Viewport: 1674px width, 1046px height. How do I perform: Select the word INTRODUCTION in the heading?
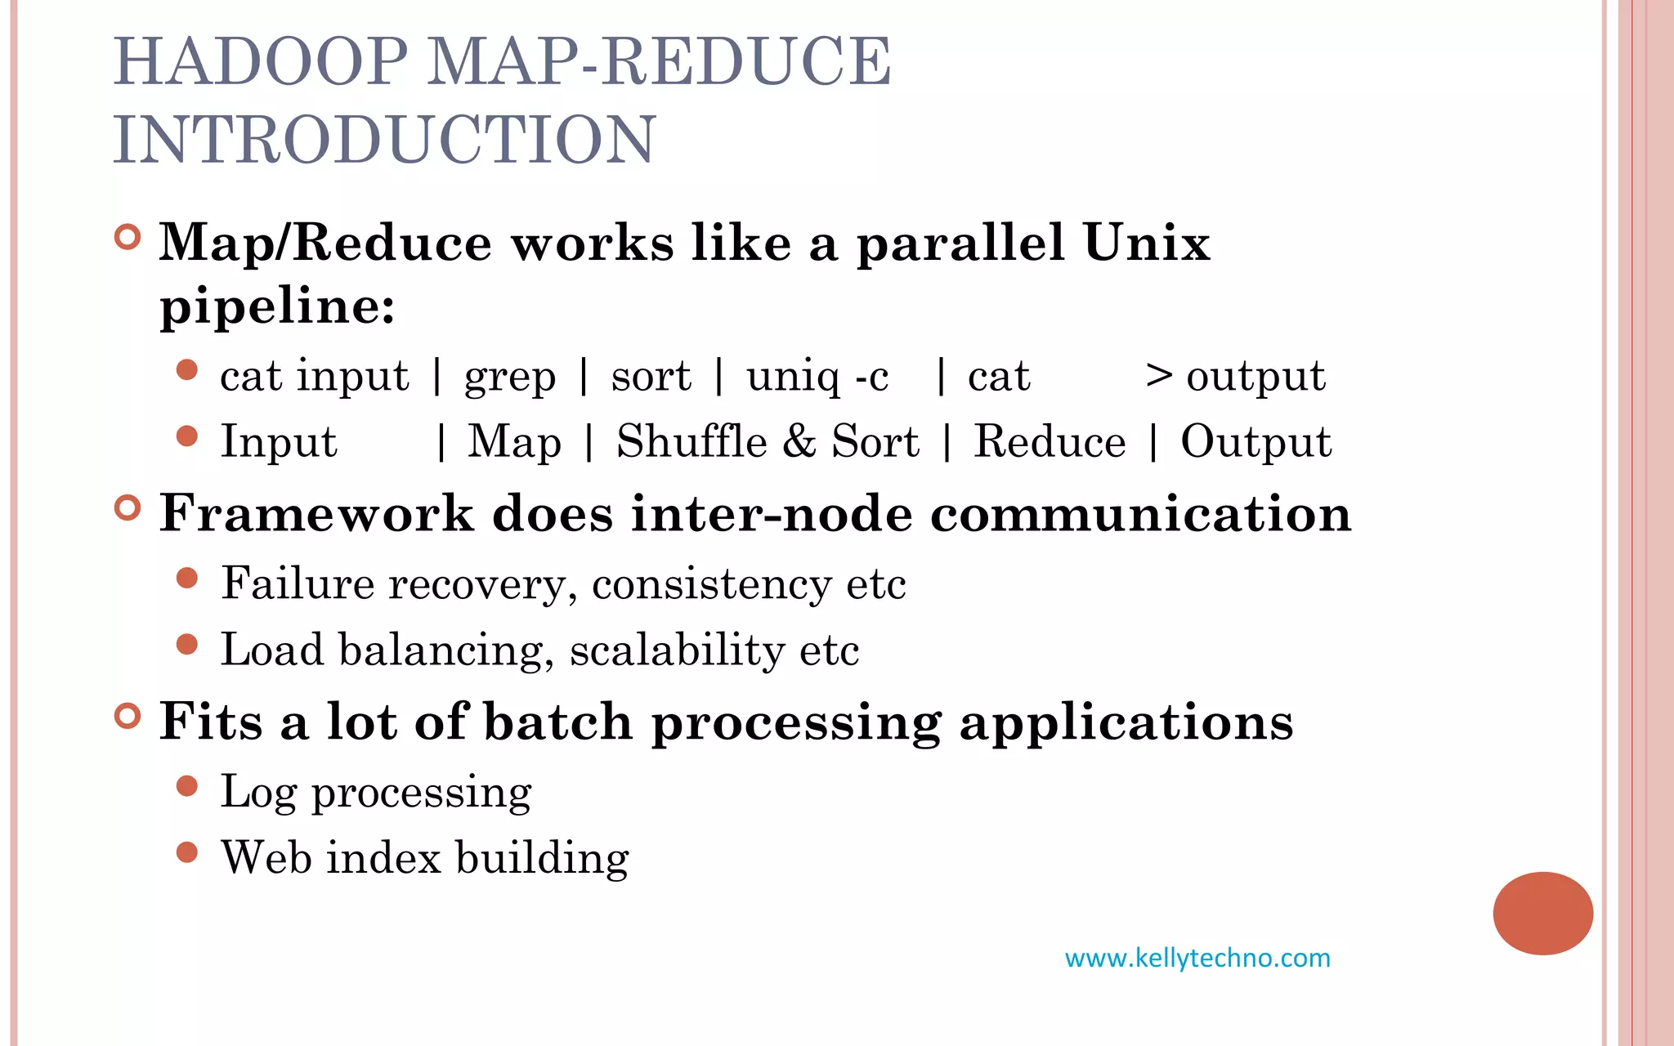(384, 140)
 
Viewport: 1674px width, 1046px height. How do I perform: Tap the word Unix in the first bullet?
(1146, 244)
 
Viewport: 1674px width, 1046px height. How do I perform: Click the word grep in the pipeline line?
(510, 378)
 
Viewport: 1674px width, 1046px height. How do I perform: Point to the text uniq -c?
(817, 378)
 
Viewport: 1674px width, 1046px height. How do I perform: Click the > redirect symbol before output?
(1159, 376)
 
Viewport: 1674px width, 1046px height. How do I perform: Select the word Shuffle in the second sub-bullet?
(692, 442)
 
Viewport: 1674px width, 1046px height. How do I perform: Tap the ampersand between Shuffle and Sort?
(799, 442)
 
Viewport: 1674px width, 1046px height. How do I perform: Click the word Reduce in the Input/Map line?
(1050, 442)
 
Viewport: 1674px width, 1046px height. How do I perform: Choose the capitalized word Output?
(1255, 442)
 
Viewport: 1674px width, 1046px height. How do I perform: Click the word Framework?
(316, 514)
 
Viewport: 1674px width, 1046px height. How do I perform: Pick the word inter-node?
(771, 514)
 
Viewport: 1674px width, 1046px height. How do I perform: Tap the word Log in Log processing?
(257, 792)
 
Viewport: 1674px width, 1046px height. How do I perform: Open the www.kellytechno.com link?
(1197, 958)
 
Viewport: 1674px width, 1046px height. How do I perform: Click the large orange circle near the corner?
(1542, 913)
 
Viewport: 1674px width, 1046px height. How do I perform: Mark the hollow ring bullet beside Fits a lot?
(128, 717)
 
